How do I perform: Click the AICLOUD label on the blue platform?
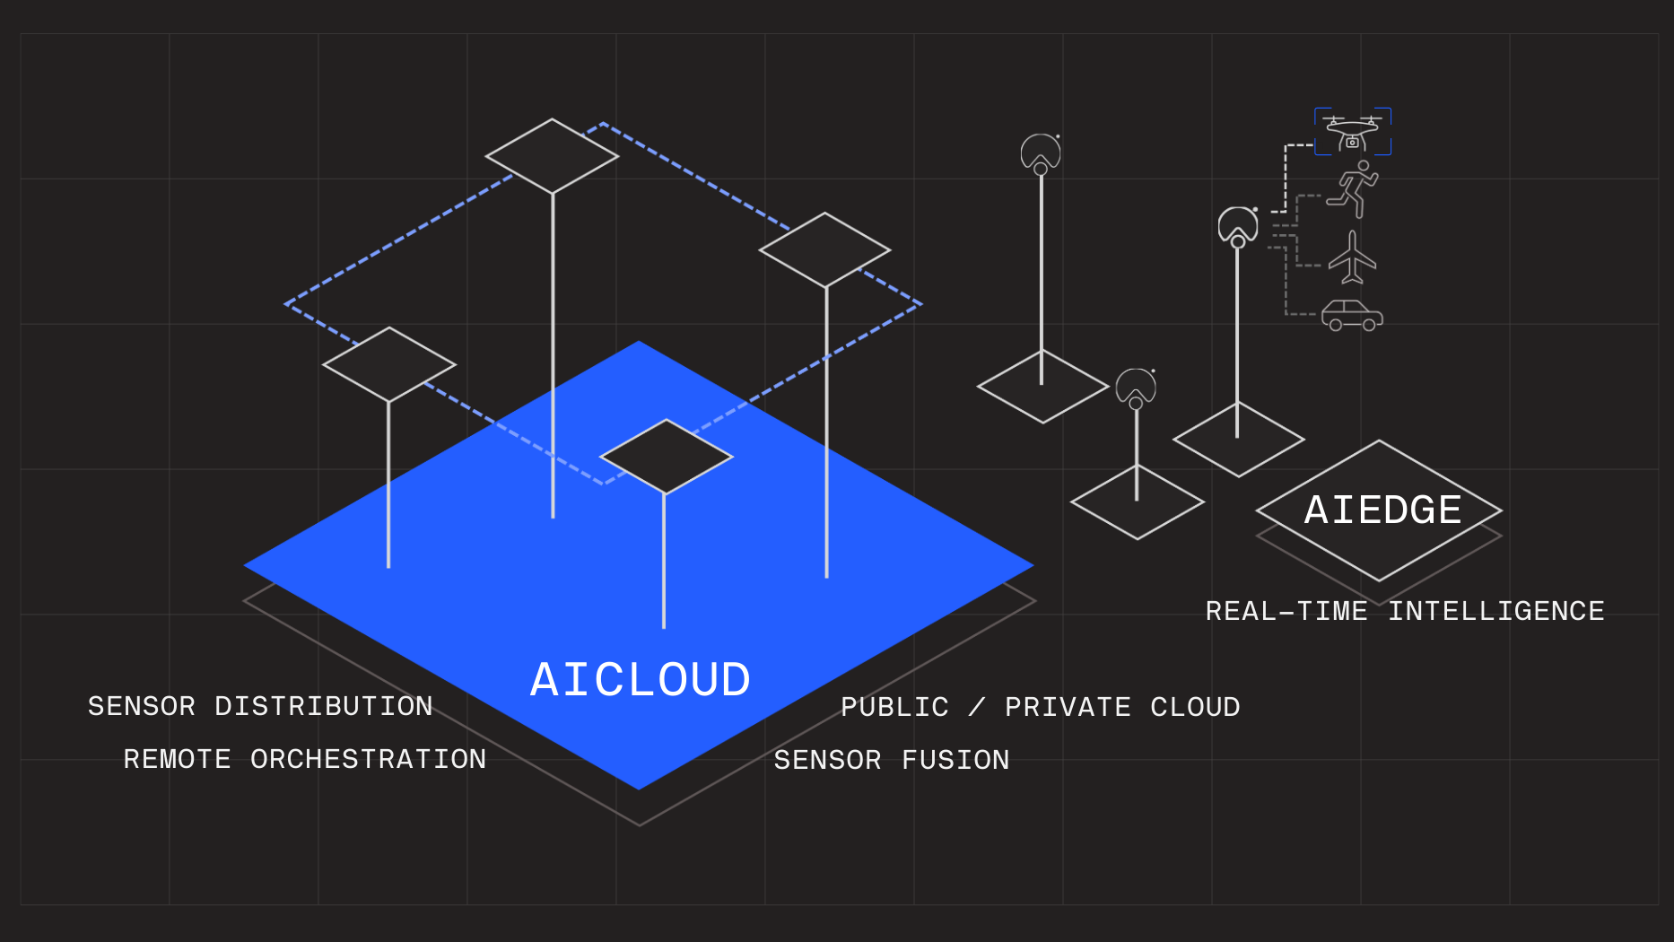click(641, 680)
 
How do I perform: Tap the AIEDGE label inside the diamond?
click(1382, 510)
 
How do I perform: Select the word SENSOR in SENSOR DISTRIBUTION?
click(142, 707)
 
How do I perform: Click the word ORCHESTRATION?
click(368, 760)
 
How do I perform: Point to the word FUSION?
click(955, 761)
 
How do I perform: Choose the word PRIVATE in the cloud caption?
click(1068, 708)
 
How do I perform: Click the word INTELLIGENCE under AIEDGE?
click(1496, 612)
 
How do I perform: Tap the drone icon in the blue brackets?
click(1352, 132)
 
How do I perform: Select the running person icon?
click(1354, 189)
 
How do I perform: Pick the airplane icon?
click(1352, 257)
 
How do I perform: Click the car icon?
click(1352, 316)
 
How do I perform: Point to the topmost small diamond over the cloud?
click(552, 156)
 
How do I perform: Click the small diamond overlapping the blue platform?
click(666, 457)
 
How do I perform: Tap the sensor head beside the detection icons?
click(1238, 225)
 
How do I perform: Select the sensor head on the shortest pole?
click(1136, 387)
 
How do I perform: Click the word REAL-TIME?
click(1286, 612)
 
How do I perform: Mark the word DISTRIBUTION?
click(323, 707)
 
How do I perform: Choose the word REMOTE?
click(178, 760)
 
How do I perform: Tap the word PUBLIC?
click(894, 708)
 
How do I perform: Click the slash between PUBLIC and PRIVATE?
click(977, 708)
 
